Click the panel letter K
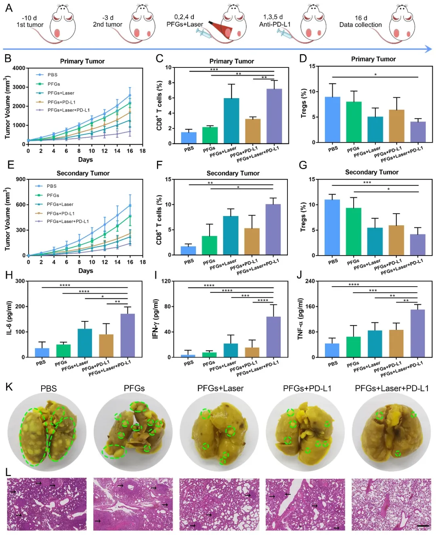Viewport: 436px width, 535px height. click(9, 387)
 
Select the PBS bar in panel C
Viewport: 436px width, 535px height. click(189, 138)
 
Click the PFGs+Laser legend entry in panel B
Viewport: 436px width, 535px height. click(61, 93)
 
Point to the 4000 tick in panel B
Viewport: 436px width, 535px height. click(19, 68)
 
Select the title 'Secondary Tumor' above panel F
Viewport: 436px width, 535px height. click(233, 173)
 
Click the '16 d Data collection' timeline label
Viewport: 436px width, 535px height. click(360, 21)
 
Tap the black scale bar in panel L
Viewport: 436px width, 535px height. click(423, 526)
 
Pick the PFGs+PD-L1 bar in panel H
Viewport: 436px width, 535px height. click(106, 346)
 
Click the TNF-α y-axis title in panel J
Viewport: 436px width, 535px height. click(300, 319)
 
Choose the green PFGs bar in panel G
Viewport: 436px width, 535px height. click(354, 231)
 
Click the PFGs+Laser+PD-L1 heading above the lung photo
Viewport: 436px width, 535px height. click(392, 388)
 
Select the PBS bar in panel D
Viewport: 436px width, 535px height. click(333, 120)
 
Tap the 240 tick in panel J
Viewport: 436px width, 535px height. click(310, 281)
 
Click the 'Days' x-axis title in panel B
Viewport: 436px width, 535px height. click(85, 159)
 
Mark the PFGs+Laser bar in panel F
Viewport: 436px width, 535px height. click(231, 235)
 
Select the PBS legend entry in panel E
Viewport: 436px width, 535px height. click(51, 186)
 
